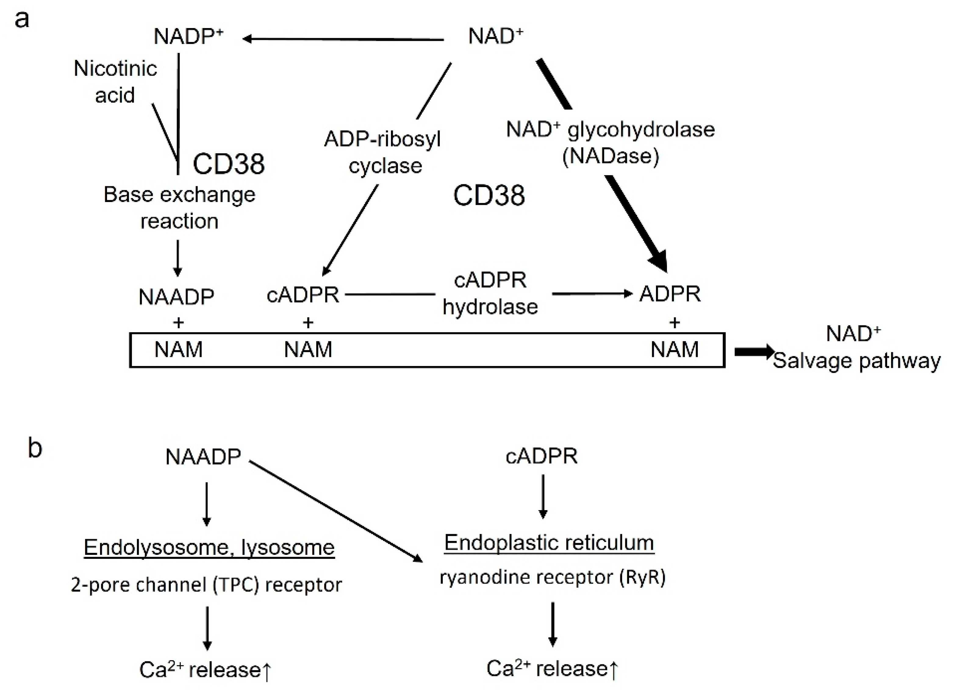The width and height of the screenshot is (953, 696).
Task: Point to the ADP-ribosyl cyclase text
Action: [382, 152]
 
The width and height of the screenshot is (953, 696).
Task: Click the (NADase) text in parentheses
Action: [611, 156]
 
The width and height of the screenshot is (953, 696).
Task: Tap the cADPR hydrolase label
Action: [490, 294]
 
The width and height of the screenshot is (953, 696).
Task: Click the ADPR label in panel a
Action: [670, 294]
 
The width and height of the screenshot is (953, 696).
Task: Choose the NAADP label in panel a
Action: [177, 297]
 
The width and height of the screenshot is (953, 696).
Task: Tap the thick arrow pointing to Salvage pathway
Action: [754, 352]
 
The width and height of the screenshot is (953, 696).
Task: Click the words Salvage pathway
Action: [856, 361]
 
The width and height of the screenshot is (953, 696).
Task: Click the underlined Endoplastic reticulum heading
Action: [549, 543]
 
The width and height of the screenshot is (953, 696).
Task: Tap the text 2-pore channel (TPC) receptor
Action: [206, 585]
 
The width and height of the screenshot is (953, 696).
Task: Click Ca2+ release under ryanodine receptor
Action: [552, 669]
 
